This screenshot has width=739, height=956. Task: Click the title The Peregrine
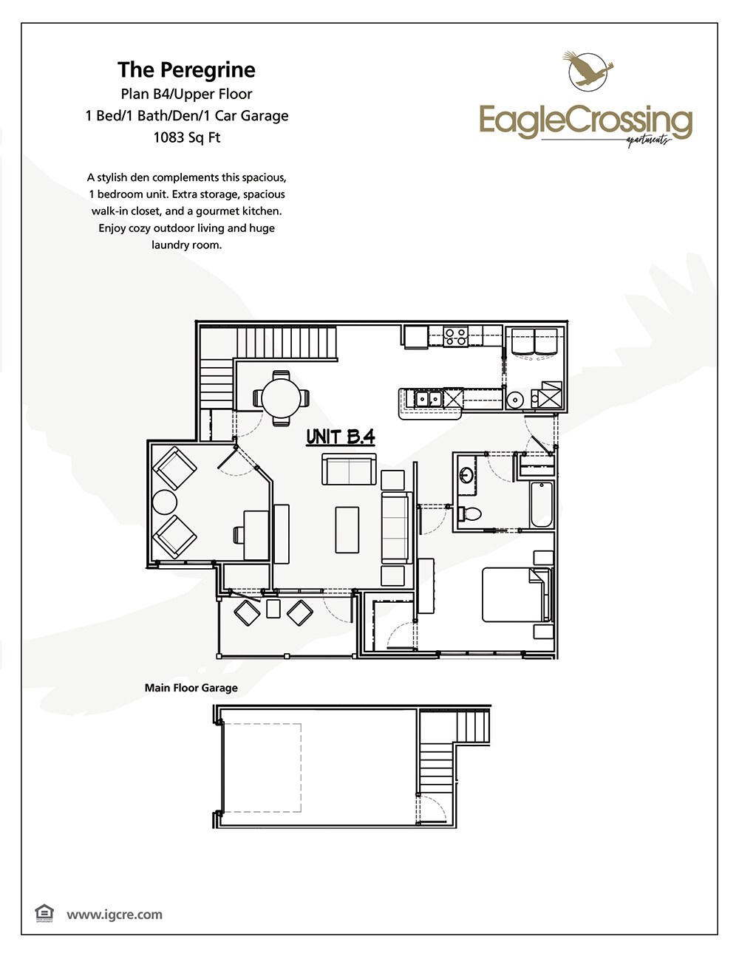click(186, 70)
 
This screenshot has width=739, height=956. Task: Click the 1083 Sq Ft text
click(186, 137)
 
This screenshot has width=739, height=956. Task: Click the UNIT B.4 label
click(341, 437)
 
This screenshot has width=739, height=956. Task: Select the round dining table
click(281, 397)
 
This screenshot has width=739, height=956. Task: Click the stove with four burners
click(456, 337)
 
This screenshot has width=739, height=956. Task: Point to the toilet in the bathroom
click(470, 512)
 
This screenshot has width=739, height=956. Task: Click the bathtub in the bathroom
click(542, 505)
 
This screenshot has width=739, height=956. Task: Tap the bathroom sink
click(466, 474)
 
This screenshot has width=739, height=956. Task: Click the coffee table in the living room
click(347, 529)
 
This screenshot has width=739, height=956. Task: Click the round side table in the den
click(164, 503)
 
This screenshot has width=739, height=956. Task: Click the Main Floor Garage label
click(191, 688)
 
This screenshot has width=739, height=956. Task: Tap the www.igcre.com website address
click(115, 915)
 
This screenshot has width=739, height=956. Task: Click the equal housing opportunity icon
click(44, 913)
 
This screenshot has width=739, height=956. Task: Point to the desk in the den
click(256, 534)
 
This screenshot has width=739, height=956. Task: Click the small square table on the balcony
click(273, 609)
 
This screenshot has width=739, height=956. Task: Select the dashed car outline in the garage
click(262, 768)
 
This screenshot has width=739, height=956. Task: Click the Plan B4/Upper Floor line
click(186, 94)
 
